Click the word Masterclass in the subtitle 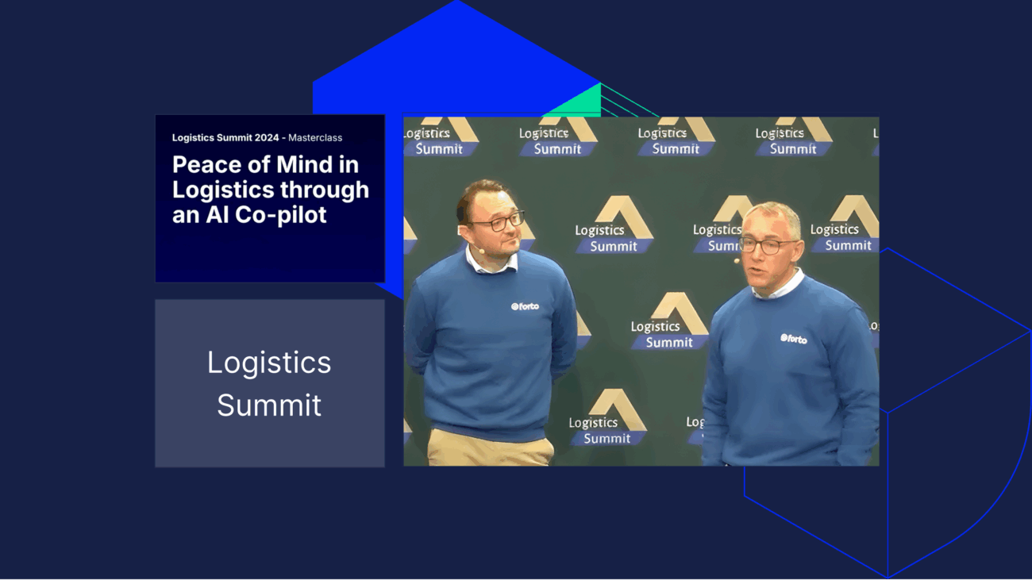(315, 137)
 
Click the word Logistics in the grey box (269, 363)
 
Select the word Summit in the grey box (269, 405)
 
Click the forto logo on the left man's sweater (525, 306)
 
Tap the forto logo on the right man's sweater (794, 339)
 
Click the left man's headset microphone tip (481, 252)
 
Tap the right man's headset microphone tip (737, 261)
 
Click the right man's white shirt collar (778, 286)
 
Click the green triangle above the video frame (578, 102)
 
